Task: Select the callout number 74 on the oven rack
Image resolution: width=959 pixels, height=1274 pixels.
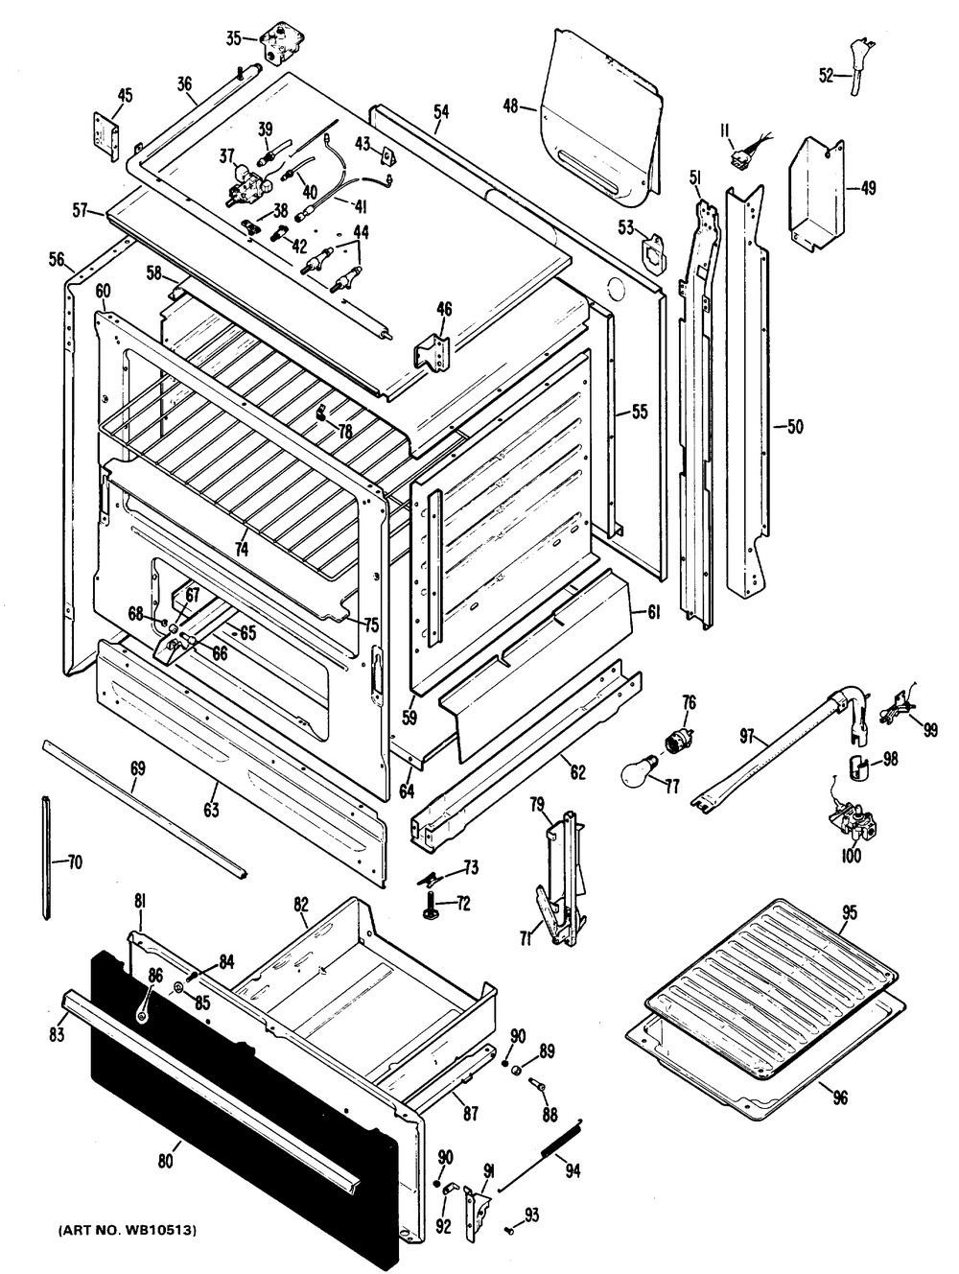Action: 239,549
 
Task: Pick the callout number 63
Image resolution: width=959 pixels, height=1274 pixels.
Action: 211,810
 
